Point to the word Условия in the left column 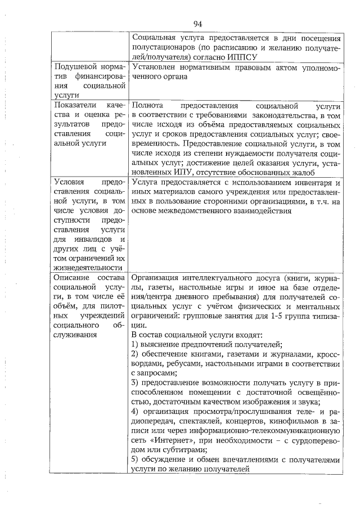pos(70,182)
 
